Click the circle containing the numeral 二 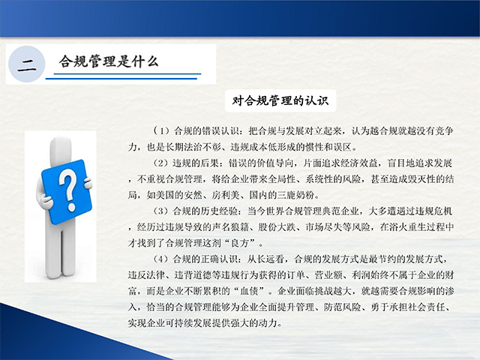click(27, 64)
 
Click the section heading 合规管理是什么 click(109, 61)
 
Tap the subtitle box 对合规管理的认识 click(280, 100)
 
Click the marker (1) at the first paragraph click(161, 131)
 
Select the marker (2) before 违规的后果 click(161, 163)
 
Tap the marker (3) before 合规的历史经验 click(161, 211)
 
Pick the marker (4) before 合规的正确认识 click(161, 259)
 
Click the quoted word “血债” click(249, 291)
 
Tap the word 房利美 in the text click(226, 195)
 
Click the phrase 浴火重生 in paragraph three click(407, 227)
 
